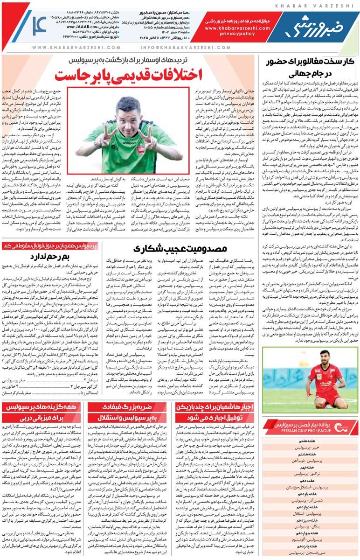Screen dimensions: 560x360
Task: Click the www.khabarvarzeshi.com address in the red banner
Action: (x=236, y=28)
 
